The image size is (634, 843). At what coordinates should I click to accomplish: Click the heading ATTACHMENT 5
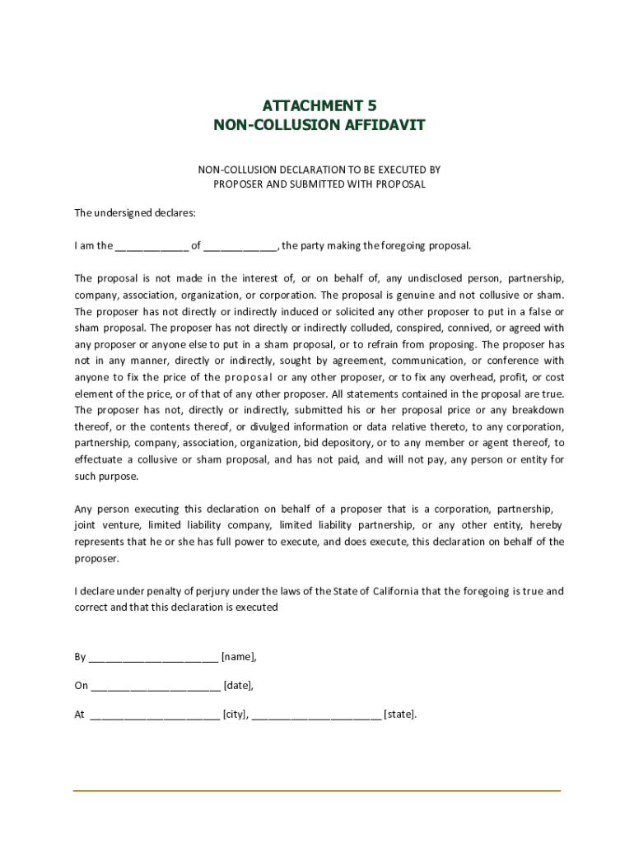coord(319,105)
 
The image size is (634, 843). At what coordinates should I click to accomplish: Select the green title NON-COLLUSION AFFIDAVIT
coord(319,125)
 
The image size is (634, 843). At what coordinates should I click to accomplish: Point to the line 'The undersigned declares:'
coord(135,213)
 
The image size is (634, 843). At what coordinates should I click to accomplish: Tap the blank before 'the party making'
coord(240,246)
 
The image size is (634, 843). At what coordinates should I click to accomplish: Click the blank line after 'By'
coord(152,658)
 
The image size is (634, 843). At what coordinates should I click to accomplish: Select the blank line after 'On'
coord(155,687)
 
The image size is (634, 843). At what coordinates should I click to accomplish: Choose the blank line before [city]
coord(155,715)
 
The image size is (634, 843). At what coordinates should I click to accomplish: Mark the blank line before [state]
coord(316,715)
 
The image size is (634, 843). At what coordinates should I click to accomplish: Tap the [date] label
coord(238,686)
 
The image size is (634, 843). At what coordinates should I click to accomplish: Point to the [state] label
coord(400,715)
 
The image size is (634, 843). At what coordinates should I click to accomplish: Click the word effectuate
coord(98,459)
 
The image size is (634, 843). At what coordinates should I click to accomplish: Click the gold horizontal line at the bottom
coord(317,791)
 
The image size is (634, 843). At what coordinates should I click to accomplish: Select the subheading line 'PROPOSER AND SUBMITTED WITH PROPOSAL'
coord(319,184)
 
